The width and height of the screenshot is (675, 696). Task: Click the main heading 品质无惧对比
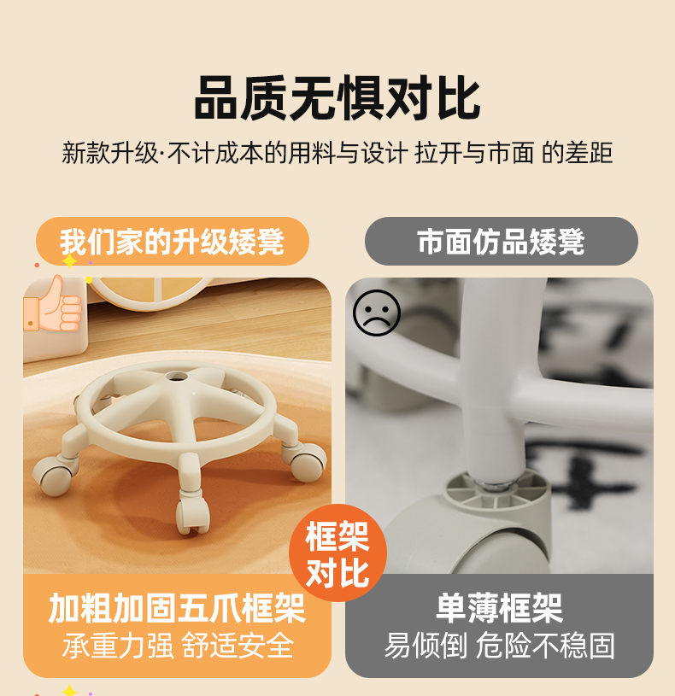click(337, 97)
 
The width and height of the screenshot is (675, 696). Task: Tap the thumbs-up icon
click(53, 304)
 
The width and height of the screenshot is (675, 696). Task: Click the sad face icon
click(377, 313)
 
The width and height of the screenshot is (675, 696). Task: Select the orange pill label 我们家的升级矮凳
click(173, 242)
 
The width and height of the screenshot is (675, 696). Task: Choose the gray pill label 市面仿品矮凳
click(502, 242)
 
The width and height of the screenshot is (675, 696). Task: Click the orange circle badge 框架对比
click(338, 553)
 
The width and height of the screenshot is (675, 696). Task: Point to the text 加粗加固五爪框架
click(177, 608)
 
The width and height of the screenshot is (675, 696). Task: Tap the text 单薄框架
click(500, 608)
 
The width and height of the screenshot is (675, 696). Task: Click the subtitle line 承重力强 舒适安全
click(178, 646)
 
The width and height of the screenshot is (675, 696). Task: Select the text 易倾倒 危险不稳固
click(500, 646)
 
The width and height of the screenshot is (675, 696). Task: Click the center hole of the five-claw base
click(177, 377)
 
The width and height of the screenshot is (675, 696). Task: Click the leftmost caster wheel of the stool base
click(52, 476)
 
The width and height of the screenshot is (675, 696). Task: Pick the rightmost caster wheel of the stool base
click(308, 462)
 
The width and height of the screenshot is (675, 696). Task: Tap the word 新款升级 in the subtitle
click(109, 153)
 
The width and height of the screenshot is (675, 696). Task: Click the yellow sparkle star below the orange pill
click(69, 262)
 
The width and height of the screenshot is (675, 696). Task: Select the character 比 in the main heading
click(459, 97)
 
